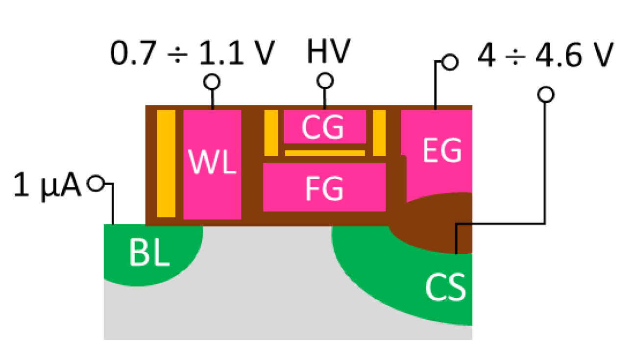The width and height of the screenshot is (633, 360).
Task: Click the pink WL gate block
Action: point(212,164)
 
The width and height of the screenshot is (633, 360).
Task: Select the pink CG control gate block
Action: point(324,126)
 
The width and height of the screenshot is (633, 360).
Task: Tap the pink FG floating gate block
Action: point(324,187)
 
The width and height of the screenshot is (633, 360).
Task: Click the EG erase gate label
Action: point(442,151)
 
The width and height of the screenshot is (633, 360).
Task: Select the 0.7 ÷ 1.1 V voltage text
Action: point(191,53)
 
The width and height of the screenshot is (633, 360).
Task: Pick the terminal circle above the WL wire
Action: point(212,82)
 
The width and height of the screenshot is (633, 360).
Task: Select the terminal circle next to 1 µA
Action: point(96,184)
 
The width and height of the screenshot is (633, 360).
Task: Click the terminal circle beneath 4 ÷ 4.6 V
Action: point(545,95)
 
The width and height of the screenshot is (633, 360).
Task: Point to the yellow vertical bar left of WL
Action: point(166,164)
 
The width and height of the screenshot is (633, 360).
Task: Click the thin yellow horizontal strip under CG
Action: point(325,153)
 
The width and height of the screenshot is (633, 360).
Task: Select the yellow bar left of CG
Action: point(271,133)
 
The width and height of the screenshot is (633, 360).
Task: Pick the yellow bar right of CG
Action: point(379,133)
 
